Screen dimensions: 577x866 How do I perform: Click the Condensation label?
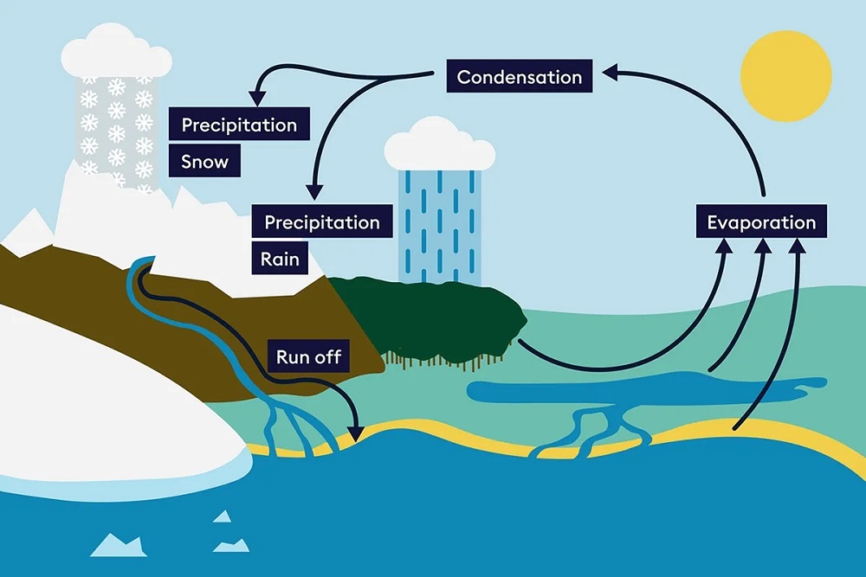(x=520, y=77)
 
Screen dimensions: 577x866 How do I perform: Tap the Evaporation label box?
(x=761, y=222)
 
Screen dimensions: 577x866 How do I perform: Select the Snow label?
(x=205, y=162)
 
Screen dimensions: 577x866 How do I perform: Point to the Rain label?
(x=280, y=259)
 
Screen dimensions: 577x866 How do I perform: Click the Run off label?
(x=308, y=356)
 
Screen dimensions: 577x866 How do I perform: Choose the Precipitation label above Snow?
(x=239, y=125)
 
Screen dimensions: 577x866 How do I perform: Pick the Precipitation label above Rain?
(x=322, y=222)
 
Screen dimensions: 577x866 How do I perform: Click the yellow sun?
(x=786, y=76)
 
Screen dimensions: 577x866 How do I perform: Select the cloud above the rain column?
(x=439, y=145)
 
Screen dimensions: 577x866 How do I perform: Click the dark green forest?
(x=433, y=316)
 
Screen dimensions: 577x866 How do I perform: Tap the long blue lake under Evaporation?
(x=641, y=390)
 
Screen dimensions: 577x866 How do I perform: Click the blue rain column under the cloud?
(x=439, y=225)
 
